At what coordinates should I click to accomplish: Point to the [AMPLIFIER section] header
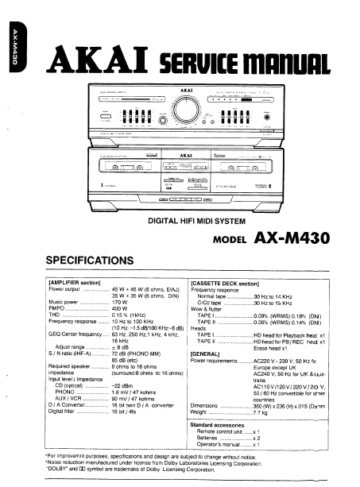point(75,283)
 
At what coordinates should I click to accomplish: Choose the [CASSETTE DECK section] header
point(225,283)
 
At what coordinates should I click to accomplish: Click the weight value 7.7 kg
point(261,412)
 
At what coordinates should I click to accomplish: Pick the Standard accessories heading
point(223,425)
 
